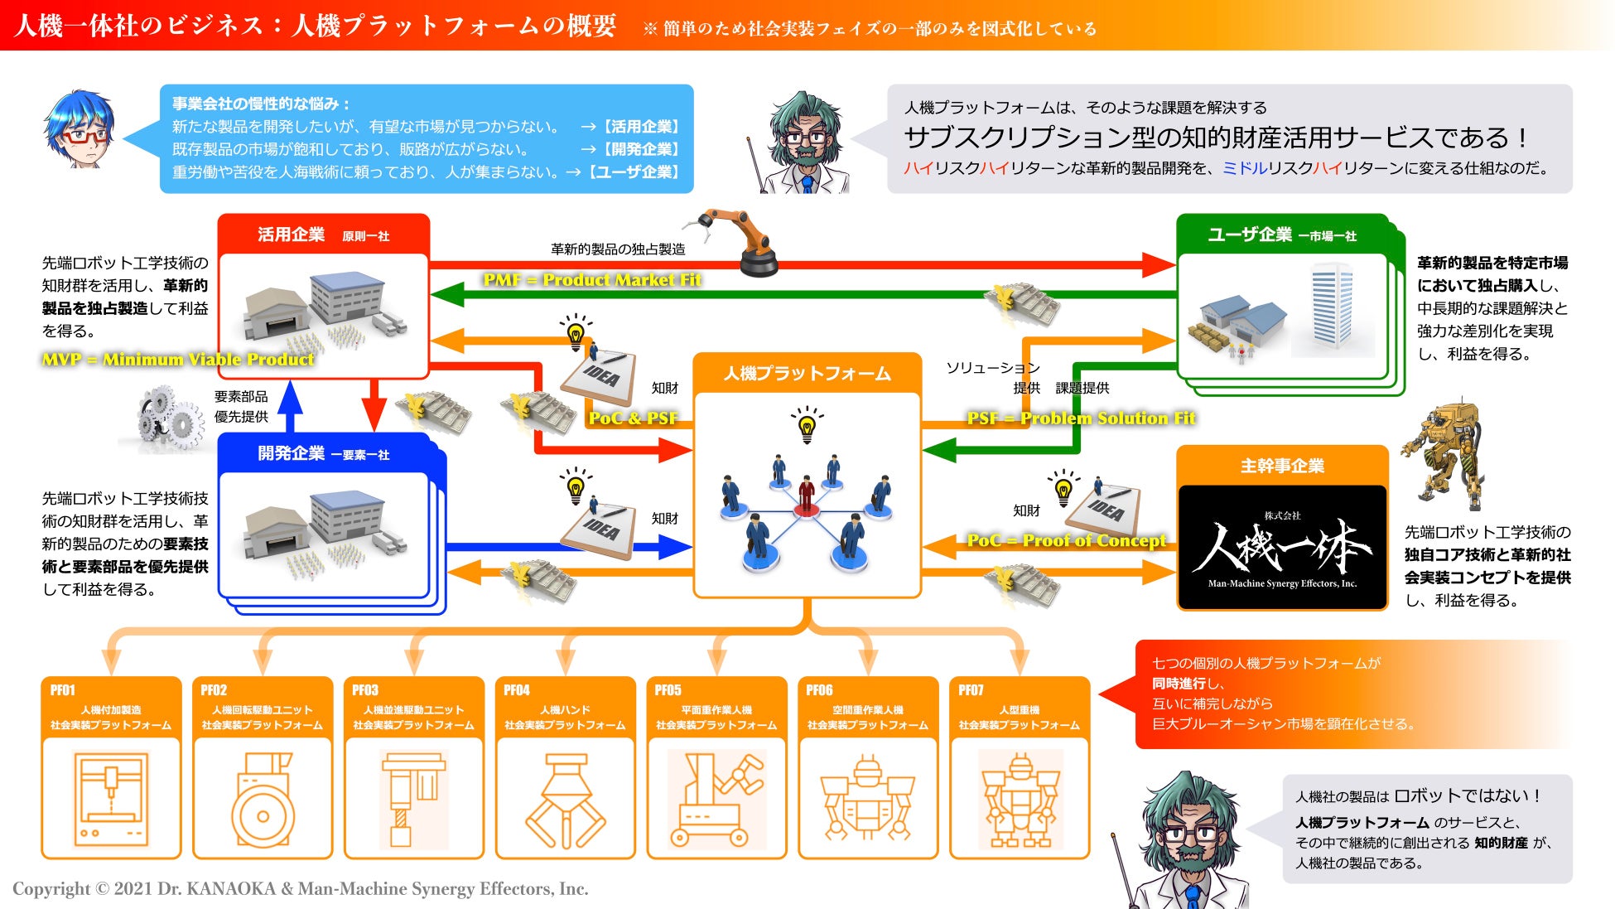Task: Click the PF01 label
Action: click(63, 690)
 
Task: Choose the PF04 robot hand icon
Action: click(566, 800)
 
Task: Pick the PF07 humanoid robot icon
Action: click(1020, 800)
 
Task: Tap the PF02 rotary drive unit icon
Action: click(263, 800)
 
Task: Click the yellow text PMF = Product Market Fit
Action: click(591, 280)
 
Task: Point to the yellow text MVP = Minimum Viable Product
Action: click(178, 360)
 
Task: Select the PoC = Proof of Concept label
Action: click(1066, 541)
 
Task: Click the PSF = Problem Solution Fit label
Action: click(1081, 418)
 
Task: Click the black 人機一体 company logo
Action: click(1281, 547)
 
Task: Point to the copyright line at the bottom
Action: click(300, 889)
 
